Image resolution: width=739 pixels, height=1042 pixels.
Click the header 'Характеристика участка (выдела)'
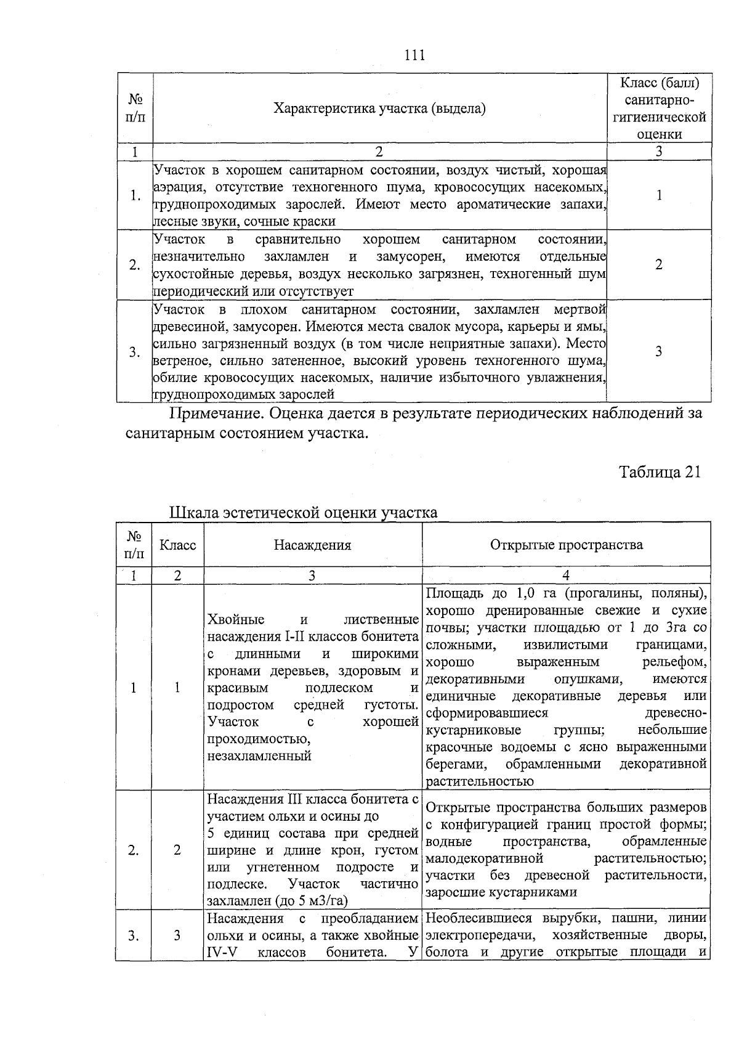point(379,109)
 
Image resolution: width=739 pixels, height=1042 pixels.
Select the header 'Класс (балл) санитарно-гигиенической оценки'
point(659,108)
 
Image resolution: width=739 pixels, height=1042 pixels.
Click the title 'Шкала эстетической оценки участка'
point(303,513)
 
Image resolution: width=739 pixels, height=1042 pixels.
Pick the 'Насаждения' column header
point(312,545)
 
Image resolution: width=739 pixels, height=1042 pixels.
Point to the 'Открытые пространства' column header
point(566,545)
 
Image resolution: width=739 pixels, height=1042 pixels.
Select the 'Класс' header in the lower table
point(177,545)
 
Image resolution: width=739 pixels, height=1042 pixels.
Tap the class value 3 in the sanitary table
point(659,352)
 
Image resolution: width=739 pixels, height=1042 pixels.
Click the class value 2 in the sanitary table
point(659,265)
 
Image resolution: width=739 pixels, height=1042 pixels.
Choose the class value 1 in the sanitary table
point(659,195)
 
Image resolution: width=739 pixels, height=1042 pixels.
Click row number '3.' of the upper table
point(134,352)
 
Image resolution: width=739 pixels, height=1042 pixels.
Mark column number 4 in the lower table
point(566,576)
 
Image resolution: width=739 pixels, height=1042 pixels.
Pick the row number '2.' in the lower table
point(133,850)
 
